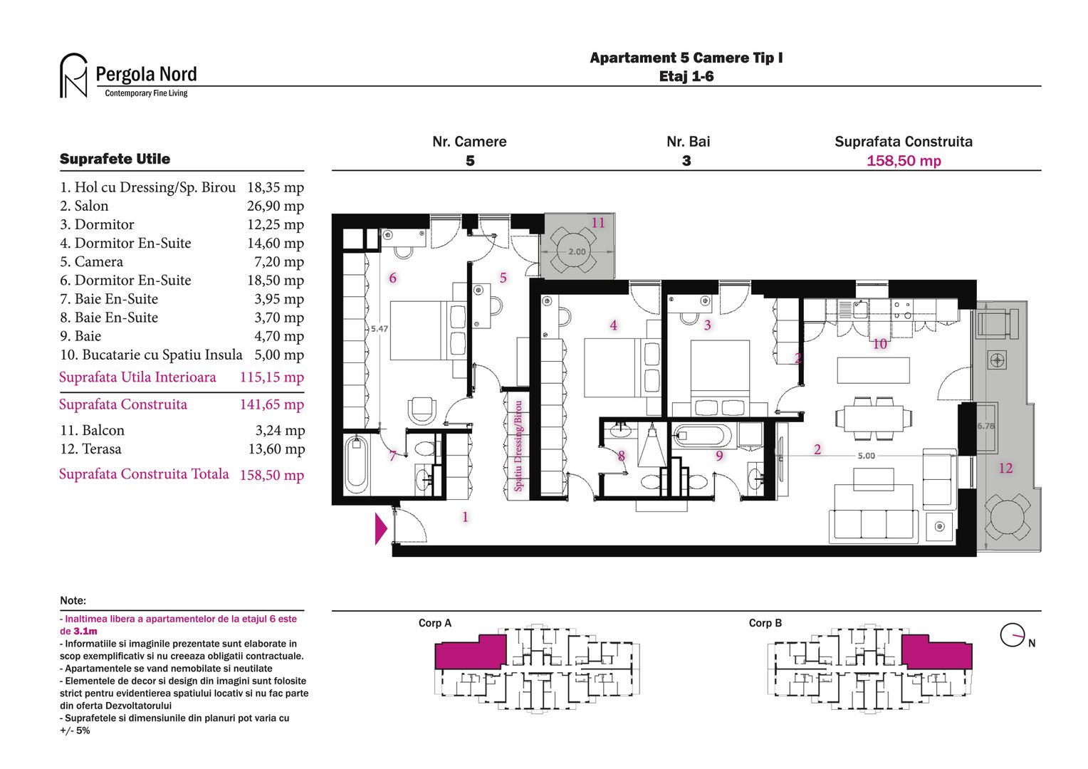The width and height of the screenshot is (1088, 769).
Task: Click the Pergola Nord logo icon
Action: (x=73, y=75)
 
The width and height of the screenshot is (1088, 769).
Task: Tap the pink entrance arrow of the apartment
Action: (x=380, y=529)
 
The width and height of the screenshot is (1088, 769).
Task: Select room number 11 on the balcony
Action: (x=598, y=223)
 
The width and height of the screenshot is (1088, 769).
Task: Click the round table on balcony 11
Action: (x=577, y=251)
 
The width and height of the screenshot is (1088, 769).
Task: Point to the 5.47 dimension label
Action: (x=380, y=329)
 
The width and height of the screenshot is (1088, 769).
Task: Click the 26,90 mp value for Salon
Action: (x=275, y=206)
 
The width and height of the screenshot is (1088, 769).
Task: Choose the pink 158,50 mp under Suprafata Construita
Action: (x=904, y=161)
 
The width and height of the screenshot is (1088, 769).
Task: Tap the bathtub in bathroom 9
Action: (x=702, y=435)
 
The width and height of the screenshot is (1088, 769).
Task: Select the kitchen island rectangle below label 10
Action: (x=873, y=370)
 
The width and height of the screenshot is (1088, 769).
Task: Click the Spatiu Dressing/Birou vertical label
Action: (x=518, y=446)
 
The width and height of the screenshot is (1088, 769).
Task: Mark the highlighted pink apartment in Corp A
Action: (x=469, y=652)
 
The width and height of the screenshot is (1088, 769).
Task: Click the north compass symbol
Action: (x=1012, y=635)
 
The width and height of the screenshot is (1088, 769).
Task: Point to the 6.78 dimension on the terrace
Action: (x=985, y=426)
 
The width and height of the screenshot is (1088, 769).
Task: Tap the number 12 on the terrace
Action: (x=1005, y=469)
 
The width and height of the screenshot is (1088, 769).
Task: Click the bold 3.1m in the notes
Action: (x=85, y=632)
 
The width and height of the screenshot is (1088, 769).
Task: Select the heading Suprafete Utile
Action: (x=115, y=159)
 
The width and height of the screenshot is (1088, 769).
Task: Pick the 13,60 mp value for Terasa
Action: (x=276, y=449)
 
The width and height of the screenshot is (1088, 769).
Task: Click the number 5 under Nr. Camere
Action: (x=470, y=161)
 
